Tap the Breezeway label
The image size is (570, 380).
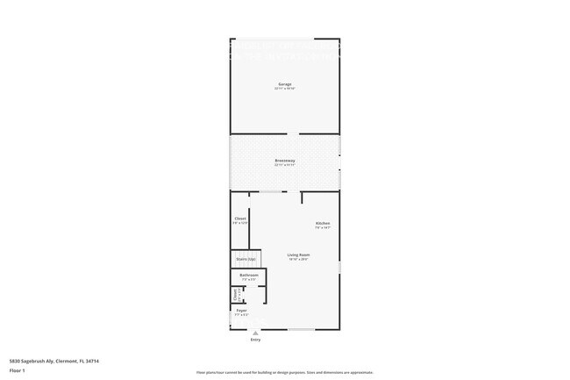[x=284, y=161]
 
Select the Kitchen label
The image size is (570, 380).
[x=322, y=223]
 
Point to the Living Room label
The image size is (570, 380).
[x=298, y=255]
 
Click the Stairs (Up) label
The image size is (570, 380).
[x=246, y=259]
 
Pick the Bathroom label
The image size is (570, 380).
[x=247, y=276]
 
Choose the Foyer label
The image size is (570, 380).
[x=242, y=310]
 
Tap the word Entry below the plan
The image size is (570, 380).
[x=255, y=340]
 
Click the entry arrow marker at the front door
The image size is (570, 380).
[x=255, y=333]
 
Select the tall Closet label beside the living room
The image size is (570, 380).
[x=240, y=219]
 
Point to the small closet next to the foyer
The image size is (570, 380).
[x=235, y=295]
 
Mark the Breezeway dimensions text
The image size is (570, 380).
[x=284, y=166]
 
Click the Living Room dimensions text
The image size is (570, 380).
[x=298, y=260]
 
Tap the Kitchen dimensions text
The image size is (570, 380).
[x=322, y=228]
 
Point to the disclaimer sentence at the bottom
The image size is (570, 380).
[x=284, y=372]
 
